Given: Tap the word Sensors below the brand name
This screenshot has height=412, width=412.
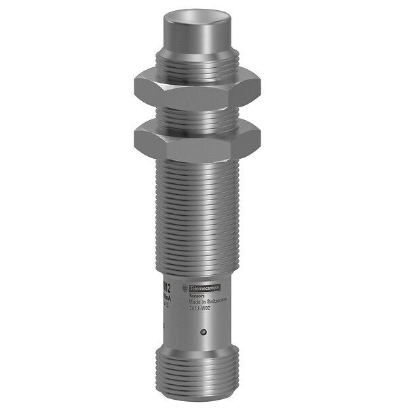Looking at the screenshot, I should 197,278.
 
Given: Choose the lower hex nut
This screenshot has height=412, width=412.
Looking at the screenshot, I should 198,138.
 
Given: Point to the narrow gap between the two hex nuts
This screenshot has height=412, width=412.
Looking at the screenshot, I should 198,115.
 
